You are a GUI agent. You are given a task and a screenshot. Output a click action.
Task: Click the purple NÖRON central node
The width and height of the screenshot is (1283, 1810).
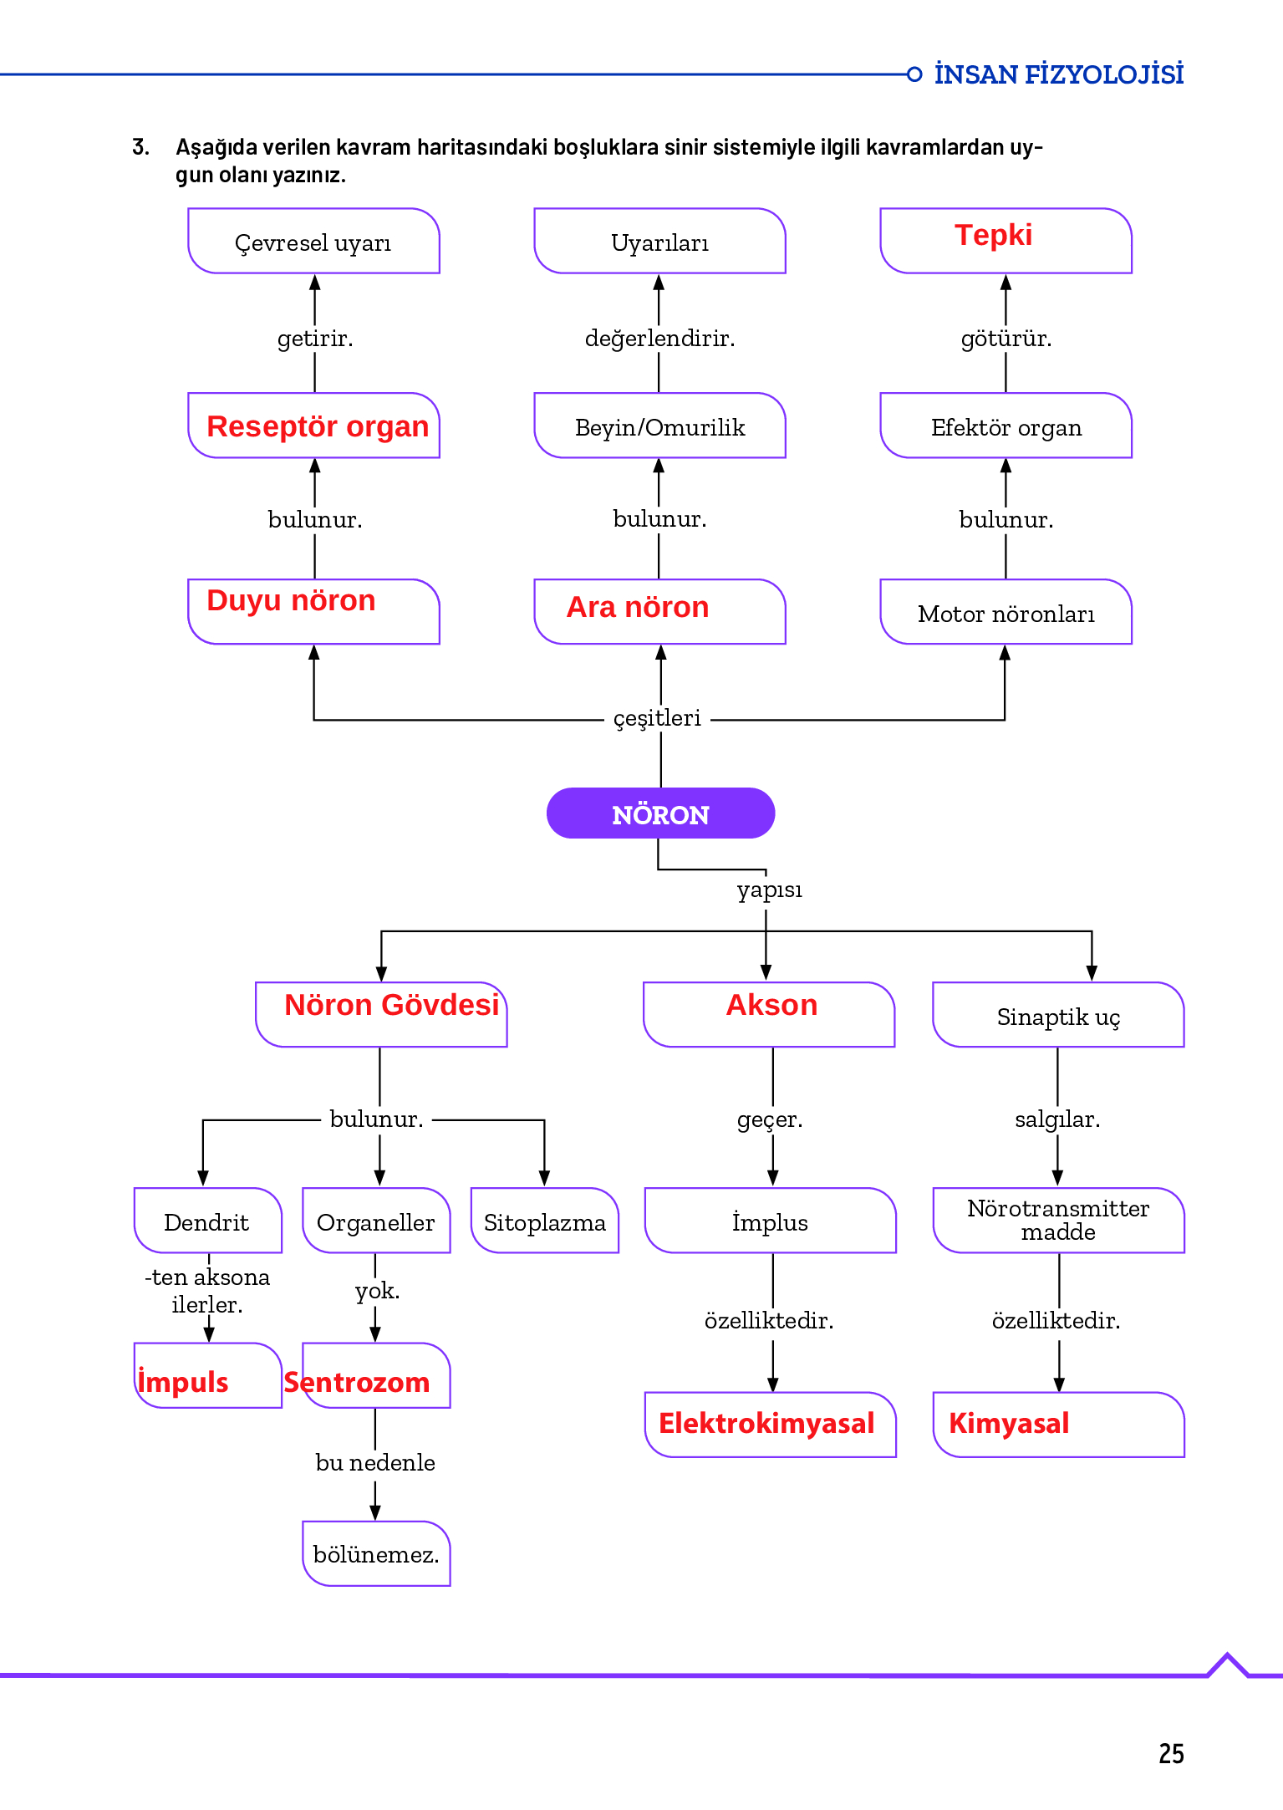[x=660, y=813]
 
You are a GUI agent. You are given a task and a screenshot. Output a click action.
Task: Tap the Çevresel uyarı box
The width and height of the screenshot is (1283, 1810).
[x=313, y=242]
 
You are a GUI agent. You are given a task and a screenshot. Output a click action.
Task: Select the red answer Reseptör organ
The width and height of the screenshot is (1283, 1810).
[x=318, y=426]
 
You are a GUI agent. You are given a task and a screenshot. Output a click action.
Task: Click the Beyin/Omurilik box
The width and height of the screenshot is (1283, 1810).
[x=659, y=427]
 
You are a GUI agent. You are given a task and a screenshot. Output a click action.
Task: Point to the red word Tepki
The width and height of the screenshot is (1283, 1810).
[x=993, y=235]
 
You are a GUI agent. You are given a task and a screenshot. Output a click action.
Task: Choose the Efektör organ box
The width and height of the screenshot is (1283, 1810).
[x=1006, y=427]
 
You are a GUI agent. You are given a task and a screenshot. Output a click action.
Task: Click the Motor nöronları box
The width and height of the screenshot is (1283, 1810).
[x=1006, y=614]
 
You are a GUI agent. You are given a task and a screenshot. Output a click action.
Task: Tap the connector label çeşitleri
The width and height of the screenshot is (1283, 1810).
[x=657, y=718]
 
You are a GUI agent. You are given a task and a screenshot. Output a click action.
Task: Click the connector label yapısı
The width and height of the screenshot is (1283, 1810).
[x=769, y=890]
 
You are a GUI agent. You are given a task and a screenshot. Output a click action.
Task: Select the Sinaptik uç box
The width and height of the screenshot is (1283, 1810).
[x=1058, y=1017]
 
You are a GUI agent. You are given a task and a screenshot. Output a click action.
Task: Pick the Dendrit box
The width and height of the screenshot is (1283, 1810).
[x=206, y=1222]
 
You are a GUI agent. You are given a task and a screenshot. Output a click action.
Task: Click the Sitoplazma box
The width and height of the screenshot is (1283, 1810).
[x=544, y=1222]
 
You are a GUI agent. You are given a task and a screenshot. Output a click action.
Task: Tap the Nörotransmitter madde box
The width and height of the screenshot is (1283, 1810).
[x=1058, y=1220]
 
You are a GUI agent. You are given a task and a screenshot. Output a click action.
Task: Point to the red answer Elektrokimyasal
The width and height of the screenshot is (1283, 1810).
[x=766, y=1423]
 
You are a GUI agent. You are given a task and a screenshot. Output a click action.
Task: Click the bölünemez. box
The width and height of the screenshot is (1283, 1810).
[x=376, y=1554]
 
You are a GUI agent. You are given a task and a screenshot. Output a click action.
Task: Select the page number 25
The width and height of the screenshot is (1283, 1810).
[x=1171, y=1753]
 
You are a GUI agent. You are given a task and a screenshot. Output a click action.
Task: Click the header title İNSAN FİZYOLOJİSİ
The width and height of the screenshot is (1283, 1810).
[x=1058, y=74]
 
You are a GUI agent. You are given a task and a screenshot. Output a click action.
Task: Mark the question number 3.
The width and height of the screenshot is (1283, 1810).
[x=141, y=147]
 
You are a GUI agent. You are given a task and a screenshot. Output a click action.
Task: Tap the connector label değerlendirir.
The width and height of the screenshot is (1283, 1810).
[x=659, y=339]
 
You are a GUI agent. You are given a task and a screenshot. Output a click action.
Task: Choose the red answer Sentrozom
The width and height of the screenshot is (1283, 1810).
[x=357, y=1382]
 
